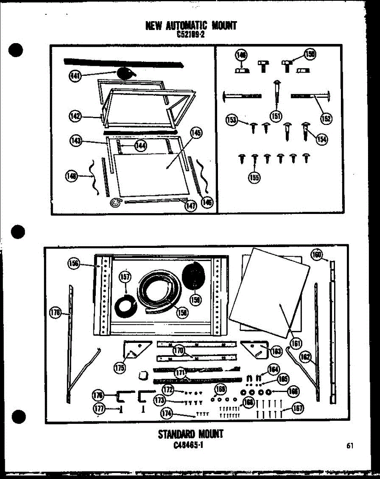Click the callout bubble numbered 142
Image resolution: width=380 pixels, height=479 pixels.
pyautogui.click(x=75, y=117)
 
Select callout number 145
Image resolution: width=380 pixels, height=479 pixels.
pyautogui.click(x=196, y=133)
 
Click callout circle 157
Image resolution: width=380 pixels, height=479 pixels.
pyautogui.click(x=125, y=277)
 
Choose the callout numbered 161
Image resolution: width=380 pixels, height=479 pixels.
pyautogui.click(x=297, y=342)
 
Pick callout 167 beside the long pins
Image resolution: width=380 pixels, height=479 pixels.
pyautogui.click(x=298, y=408)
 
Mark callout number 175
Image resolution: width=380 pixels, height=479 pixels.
pyautogui.click(x=119, y=368)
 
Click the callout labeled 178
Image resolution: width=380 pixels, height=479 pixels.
pyautogui.click(x=55, y=313)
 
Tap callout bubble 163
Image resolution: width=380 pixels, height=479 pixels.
pyautogui.click(x=276, y=351)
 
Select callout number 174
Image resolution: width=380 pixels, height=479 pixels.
pyautogui.click(x=167, y=414)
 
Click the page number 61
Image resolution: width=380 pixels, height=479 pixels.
pyautogui.click(x=350, y=446)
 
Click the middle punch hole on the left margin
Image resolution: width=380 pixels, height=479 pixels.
pyautogui.click(x=18, y=231)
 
